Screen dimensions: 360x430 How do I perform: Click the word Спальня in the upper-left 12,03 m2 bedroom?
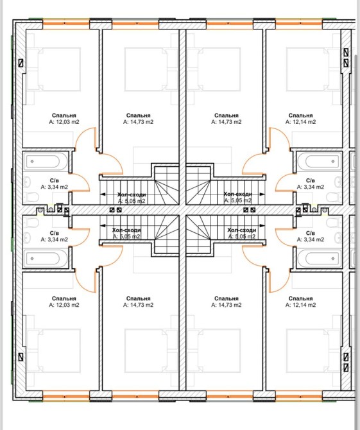pyautogui.click(x=64, y=116)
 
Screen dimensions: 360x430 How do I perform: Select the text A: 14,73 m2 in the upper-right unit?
pyautogui.click(x=226, y=122)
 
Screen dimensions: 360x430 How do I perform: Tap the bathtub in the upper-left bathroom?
pyautogui.click(x=46, y=161)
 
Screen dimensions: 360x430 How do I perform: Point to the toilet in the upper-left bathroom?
pyautogui.click(x=33, y=197)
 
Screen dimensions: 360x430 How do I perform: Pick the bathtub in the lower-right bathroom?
pyautogui.click(x=320, y=259)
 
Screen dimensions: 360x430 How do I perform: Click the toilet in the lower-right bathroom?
pyautogui.click(x=332, y=223)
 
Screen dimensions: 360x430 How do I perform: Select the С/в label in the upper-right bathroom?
pyautogui.click(x=311, y=180)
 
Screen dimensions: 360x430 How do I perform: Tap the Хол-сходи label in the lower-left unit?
pyautogui.click(x=126, y=230)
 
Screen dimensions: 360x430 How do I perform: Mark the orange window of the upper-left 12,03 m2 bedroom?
pyautogui.click(x=66, y=23)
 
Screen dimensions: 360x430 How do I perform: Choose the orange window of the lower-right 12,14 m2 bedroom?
pyautogui.click(x=299, y=397)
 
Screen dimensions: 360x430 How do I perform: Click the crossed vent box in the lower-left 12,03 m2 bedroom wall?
pyautogui.click(x=21, y=357)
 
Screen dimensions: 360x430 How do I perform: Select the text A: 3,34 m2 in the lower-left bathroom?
pyautogui.click(x=55, y=239)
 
